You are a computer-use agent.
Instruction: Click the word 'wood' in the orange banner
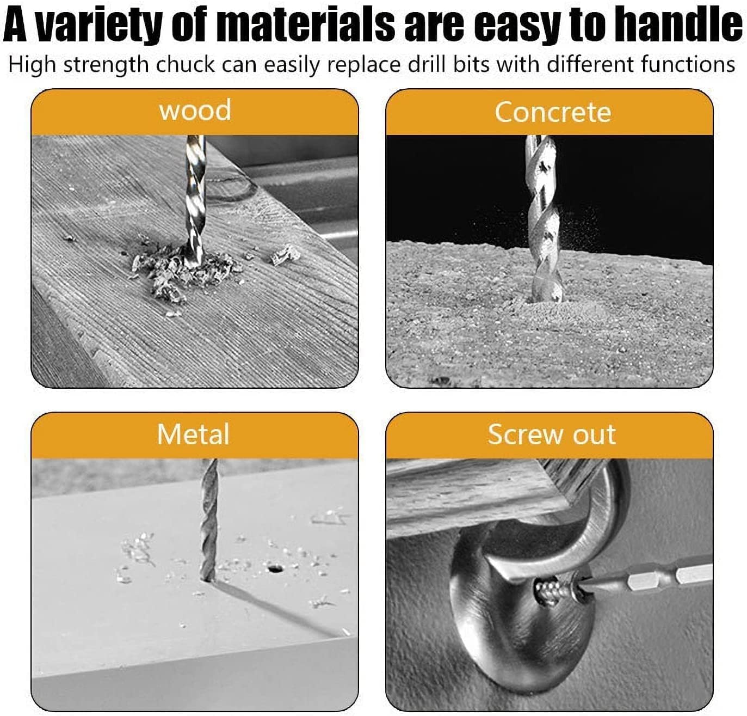(x=195, y=111)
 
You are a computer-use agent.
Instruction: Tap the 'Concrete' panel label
(x=553, y=112)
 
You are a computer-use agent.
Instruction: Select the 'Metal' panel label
(x=193, y=434)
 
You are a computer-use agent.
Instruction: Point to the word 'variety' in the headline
(x=104, y=24)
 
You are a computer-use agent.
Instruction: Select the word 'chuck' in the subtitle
(x=185, y=64)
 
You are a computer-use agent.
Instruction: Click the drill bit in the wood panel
(x=195, y=200)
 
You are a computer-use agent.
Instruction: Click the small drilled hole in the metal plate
(x=273, y=568)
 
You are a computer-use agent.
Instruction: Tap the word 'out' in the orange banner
(x=595, y=435)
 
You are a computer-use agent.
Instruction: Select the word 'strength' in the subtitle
(x=106, y=65)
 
